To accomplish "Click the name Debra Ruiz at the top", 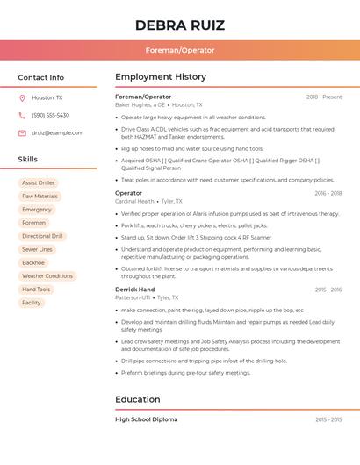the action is click(180, 25).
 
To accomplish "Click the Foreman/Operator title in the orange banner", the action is click(180, 50).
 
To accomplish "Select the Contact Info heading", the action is click(41, 77).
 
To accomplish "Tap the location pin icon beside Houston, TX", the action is click(22, 97).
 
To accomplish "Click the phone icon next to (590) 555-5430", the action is click(22, 115).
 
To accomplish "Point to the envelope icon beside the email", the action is click(22, 133).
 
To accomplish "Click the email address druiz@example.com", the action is click(58, 133).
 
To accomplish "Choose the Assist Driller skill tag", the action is click(38, 182).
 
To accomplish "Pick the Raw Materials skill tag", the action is click(40, 197).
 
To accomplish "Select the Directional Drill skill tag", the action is click(42, 236).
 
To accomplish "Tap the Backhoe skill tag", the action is click(33, 262).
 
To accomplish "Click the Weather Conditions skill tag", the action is click(47, 275).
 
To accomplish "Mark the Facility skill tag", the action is click(32, 303).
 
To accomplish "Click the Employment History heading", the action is click(161, 77).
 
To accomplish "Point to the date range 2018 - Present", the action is click(324, 97).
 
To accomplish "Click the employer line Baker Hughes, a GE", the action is click(140, 104).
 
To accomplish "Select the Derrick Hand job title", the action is click(134, 290).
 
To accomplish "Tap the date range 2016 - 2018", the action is click(328, 193).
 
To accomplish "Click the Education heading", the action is click(137, 399).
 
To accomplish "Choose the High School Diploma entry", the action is click(146, 419).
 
